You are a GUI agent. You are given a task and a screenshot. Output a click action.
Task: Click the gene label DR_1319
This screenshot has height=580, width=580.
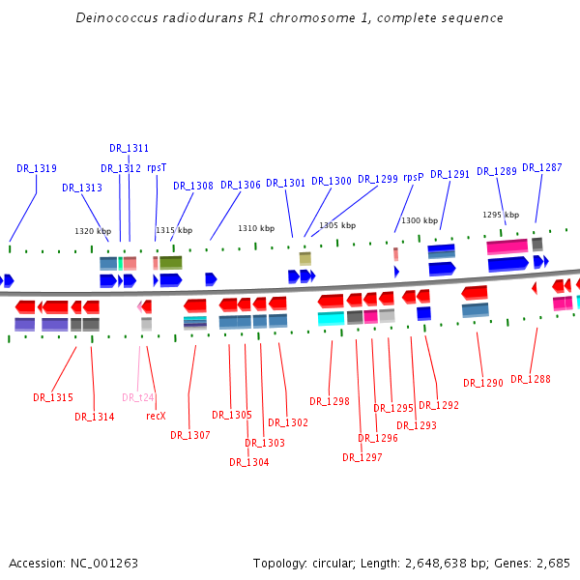click(x=37, y=168)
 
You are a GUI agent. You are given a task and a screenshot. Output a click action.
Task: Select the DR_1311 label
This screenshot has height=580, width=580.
click(x=129, y=149)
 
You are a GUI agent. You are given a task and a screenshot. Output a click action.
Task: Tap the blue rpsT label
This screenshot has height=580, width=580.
click(x=157, y=167)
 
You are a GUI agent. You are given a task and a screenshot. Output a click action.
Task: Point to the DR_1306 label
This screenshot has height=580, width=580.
click(x=241, y=186)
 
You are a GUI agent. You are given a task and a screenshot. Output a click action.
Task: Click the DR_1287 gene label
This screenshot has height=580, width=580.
click(x=541, y=168)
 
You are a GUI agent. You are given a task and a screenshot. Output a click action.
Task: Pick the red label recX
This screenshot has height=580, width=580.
click(x=156, y=416)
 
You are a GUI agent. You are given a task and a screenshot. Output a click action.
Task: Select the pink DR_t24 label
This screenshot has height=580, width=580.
click(x=138, y=397)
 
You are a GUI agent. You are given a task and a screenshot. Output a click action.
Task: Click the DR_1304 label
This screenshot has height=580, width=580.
click(x=248, y=462)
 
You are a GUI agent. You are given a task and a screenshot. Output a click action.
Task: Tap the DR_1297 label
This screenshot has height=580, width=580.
click(x=362, y=458)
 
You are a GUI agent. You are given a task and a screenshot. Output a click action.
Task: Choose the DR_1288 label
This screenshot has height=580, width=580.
click(x=530, y=380)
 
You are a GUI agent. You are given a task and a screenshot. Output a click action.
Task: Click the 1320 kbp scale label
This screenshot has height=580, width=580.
click(x=93, y=232)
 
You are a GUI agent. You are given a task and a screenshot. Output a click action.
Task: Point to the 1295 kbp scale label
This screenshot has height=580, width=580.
click(x=501, y=216)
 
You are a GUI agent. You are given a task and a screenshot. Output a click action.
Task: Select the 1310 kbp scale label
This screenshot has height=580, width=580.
click(x=256, y=229)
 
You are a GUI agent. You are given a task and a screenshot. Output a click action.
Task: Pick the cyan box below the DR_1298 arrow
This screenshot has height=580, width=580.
click(x=331, y=318)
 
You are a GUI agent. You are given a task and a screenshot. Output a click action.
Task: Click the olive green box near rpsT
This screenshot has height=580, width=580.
click(x=170, y=262)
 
